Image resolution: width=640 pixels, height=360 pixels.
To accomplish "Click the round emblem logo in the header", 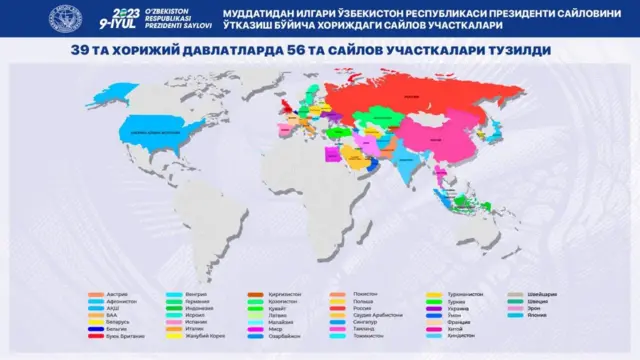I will pos(69,18).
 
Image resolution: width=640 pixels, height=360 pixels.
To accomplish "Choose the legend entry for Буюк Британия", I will pos(122,337).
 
